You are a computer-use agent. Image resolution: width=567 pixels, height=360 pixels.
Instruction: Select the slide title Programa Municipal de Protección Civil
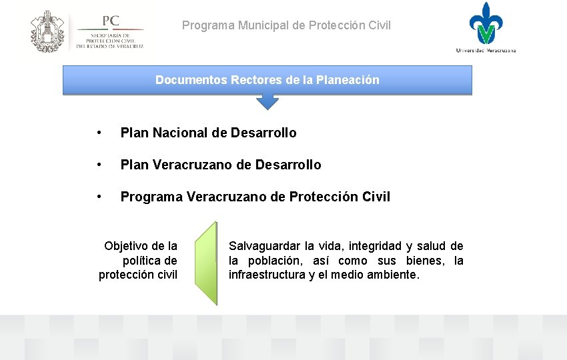click(x=286, y=26)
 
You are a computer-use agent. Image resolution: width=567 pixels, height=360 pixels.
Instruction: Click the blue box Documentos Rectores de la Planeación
click(x=267, y=80)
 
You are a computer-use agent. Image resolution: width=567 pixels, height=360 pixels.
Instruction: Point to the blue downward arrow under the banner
click(x=267, y=101)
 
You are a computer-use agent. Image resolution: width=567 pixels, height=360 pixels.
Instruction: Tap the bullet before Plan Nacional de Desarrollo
click(x=99, y=133)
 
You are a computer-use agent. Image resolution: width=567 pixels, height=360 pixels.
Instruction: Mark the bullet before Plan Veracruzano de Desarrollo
click(x=99, y=165)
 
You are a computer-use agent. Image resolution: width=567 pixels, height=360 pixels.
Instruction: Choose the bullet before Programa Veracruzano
click(x=99, y=197)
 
